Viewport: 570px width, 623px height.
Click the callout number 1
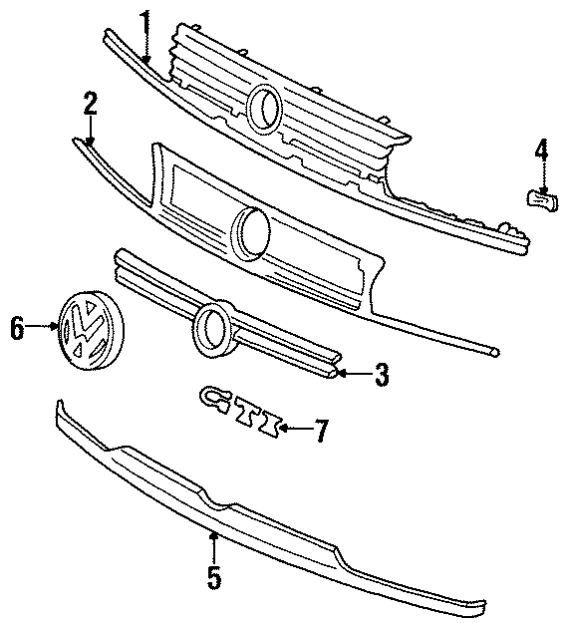tap(145, 21)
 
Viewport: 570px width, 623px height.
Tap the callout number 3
tap(381, 375)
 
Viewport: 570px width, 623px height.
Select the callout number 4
tap(541, 151)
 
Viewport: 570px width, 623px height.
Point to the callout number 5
tap(214, 575)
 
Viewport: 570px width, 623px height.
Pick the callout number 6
tap(16, 327)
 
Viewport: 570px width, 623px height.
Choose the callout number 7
tap(320, 430)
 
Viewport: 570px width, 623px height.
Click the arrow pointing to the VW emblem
tap(45, 326)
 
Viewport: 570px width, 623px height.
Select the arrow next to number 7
tap(290, 429)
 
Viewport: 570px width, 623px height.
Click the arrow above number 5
tap(213, 544)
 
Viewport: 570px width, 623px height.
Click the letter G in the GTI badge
tap(214, 398)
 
